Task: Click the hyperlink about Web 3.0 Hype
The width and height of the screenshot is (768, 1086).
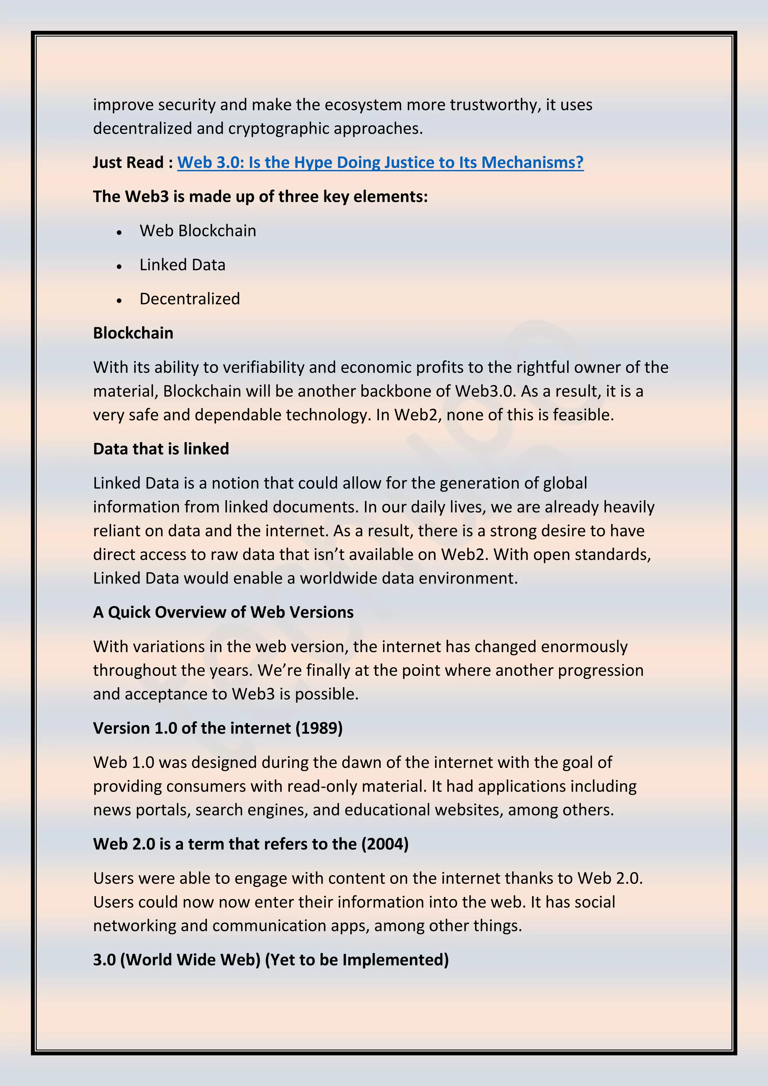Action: pyautogui.click(x=380, y=162)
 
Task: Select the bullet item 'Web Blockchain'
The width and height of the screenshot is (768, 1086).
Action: pyautogui.click(x=198, y=231)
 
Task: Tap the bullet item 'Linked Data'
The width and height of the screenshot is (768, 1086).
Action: pyautogui.click(x=182, y=265)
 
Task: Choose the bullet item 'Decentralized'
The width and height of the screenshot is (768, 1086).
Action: pyautogui.click(x=190, y=299)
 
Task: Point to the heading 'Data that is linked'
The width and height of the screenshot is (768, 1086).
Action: pyautogui.click(x=161, y=449)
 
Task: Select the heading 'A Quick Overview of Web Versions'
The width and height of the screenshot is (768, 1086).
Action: pyautogui.click(x=223, y=612)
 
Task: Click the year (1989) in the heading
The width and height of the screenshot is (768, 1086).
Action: pyautogui.click(x=319, y=728)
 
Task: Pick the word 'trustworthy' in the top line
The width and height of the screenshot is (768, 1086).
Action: pyautogui.click(x=495, y=105)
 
